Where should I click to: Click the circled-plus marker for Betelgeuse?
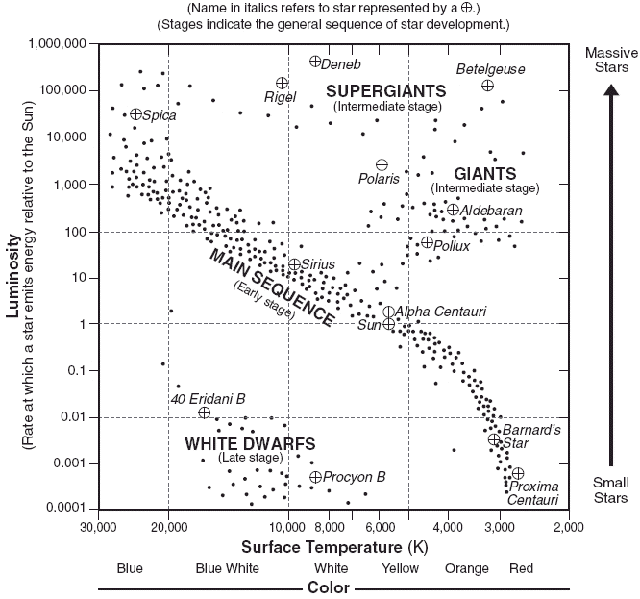(x=488, y=86)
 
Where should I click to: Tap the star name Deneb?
(x=342, y=64)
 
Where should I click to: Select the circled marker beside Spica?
(x=136, y=114)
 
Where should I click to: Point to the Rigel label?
(x=281, y=98)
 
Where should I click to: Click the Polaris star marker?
(x=382, y=164)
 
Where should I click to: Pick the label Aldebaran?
(x=491, y=210)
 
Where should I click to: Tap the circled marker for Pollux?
(x=428, y=242)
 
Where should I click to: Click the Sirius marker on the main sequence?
(x=294, y=264)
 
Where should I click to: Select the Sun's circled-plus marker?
(x=389, y=324)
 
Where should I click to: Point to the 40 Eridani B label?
(x=208, y=398)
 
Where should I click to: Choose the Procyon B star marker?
(x=315, y=477)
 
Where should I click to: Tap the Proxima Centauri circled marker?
(x=518, y=473)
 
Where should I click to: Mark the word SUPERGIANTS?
(x=385, y=90)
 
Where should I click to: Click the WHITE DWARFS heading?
(x=236, y=444)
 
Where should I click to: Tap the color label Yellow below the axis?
(x=400, y=568)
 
